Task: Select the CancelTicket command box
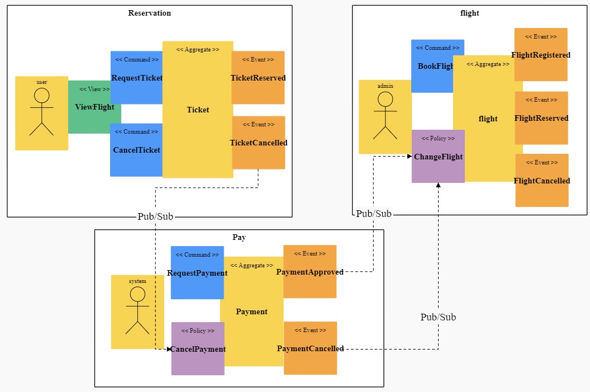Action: (x=136, y=150)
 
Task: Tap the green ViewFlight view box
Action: (x=94, y=107)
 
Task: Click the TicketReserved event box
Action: (x=258, y=78)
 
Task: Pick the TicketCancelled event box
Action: (x=259, y=143)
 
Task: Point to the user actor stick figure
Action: (x=41, y=112)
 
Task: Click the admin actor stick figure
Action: (x=385, y=116)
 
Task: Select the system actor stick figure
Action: (x=137, y=311)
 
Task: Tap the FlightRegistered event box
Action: (x=541, y=55)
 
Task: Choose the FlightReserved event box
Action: (x=541, y=118)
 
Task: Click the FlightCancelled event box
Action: (x=542, y=181)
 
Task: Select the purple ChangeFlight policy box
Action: (x=438, y=157)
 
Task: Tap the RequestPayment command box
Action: (x=197, y=273)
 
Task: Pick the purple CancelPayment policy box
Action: (x=198, y=348)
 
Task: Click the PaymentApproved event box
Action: (x=310, y=272)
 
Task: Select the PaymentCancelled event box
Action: (x=311, y=348)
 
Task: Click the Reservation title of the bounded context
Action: (x=149, y=13)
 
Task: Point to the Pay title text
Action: (x=239, y=237)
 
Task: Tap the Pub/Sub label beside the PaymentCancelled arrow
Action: (x=438, y=317)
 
